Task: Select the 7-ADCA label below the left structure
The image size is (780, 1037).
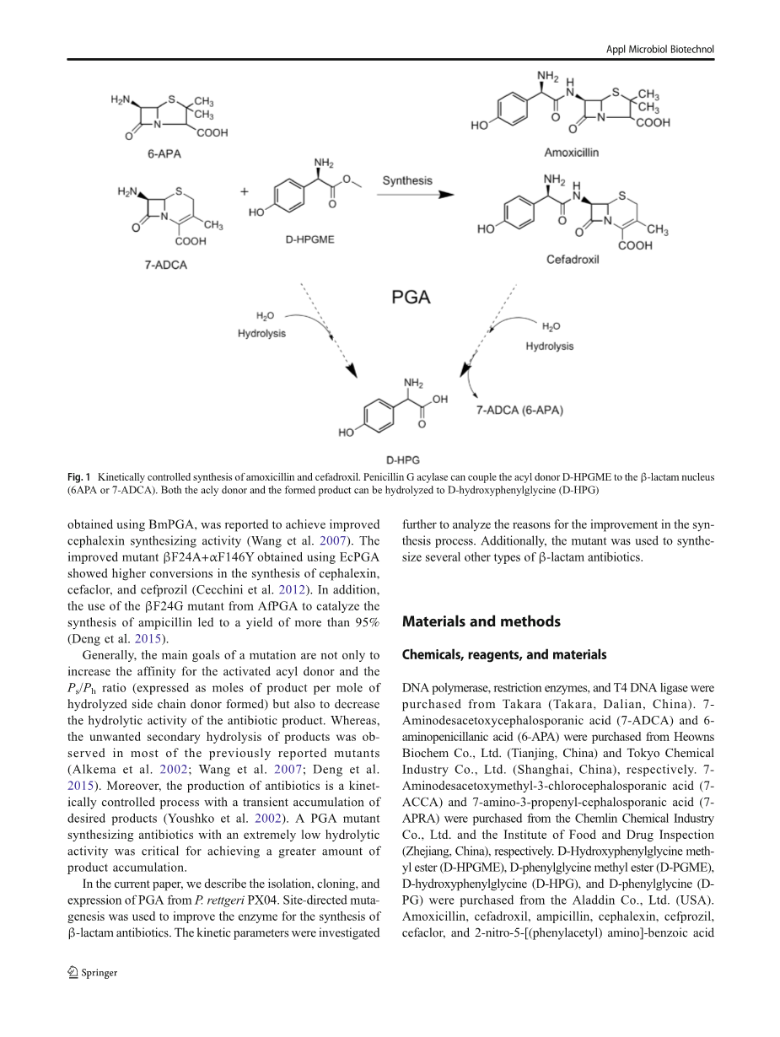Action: (x=165, y=265)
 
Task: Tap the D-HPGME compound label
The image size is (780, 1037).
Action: (x=309, y=239)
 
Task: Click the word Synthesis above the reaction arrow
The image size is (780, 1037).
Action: (x=407, y=180)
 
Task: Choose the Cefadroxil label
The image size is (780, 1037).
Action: (x=573, y=261)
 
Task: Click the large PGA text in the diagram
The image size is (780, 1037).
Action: (x=412, y=297)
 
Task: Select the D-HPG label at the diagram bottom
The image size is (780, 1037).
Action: (x=403, y=459)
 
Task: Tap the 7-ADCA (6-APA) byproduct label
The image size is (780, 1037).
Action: (x=520, y=410)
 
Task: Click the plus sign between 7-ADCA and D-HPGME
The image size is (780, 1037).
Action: (x=245, y=191)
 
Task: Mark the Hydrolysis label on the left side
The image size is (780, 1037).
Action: (x=261, y=333)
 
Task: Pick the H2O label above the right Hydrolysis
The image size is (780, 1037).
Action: (x=550, y=327)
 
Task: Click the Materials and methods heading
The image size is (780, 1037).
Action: (x=481, y=621)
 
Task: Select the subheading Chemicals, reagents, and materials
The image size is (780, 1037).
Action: (x=504, y=654)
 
